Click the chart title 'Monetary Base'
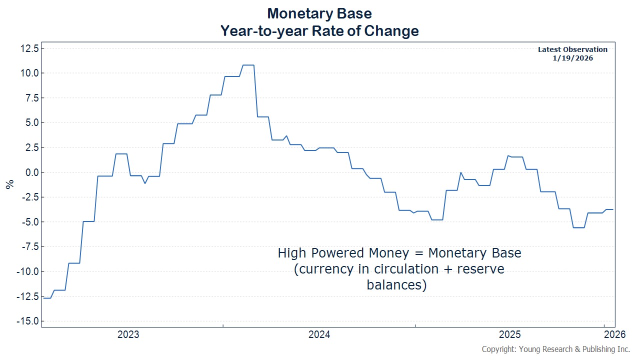coord(319,12)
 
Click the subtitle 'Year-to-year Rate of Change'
coord(319,31)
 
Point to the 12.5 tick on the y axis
coord(28,48)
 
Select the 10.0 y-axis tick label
coord(28,73)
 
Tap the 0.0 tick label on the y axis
coord(30,172)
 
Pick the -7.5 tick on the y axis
coord(28,246)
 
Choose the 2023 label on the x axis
coord(128,335)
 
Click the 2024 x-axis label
coord(319,335)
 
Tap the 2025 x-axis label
coord(510,335)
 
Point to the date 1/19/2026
coord(572,58)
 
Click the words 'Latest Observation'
coord(572,49)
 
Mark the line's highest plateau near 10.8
coord(248,65)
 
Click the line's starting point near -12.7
coord(44,298)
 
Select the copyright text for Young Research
coord(555,349)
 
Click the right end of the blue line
coord(613,209)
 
